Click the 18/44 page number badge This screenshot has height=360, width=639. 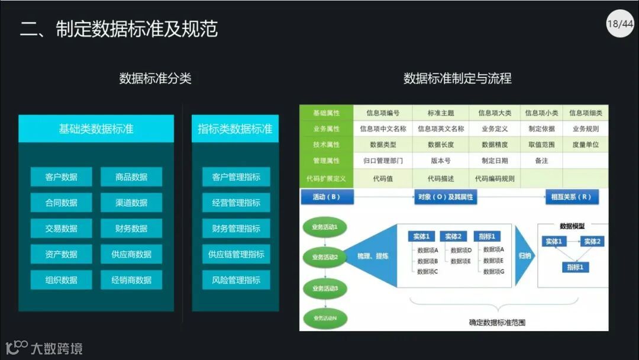click(619, 24)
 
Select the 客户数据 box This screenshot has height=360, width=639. click(62, 176)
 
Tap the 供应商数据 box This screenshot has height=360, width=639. click(131, 254)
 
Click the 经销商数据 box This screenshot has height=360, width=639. click(131, 279)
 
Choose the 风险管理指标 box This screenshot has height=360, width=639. click(236, 279)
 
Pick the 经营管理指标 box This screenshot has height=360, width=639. click(236, 202)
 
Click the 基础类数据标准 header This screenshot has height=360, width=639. click(96, 128)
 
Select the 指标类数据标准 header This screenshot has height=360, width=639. click(235, 128)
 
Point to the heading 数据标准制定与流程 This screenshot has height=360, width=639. click(457, 78)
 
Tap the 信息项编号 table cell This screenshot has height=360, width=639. click(383, 112)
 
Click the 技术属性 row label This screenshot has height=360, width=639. click(327, 144)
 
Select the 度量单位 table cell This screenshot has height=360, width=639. click(585, 144)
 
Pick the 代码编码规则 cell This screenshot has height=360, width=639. click(495, 178)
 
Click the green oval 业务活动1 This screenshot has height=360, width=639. click(325, 226)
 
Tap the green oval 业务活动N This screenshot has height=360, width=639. click(325, 319)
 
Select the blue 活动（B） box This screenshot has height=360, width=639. click(327, 197)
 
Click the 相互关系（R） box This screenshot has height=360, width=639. click(572, 197)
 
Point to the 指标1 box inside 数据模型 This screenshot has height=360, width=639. click(575, 267)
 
